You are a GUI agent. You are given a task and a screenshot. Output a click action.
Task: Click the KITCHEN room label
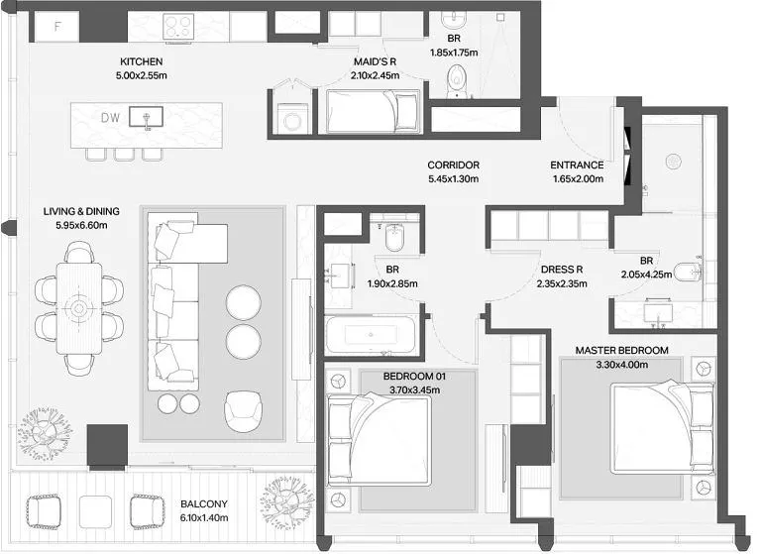pos(142,61)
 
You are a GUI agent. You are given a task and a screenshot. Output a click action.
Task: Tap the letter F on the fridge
pos(57,26)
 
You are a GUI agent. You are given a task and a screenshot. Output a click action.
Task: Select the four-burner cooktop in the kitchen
pos(178,26)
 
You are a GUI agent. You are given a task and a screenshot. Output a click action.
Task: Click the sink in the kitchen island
pos(146,118)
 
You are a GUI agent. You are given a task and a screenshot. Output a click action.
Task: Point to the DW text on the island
pos(111,118)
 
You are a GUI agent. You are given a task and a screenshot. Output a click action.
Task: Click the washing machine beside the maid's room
pos(291,120)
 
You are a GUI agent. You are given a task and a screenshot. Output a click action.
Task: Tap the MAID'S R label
pos(375,61)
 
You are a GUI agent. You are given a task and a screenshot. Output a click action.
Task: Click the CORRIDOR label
pos(453,166)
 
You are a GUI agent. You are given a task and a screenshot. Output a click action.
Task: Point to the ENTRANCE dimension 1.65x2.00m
pos(578,179)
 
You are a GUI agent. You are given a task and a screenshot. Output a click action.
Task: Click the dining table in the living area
pos(79,308)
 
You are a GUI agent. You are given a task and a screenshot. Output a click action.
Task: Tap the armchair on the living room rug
pos(244,410)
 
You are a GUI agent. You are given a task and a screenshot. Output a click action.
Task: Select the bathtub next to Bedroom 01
pos(371,335)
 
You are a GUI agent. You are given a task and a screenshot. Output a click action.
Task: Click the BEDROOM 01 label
pos(414,377)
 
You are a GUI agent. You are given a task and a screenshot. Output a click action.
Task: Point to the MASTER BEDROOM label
pos(621,350)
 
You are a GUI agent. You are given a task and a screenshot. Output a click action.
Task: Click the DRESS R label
pos(562,270)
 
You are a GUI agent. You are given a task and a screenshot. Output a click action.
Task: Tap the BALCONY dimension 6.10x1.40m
pos(204,518)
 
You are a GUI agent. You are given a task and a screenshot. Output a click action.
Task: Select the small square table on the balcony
pos(95,511)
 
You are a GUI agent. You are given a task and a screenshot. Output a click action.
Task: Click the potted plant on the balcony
pos(285,502)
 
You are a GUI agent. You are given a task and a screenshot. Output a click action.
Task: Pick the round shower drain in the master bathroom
pos(673,162)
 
